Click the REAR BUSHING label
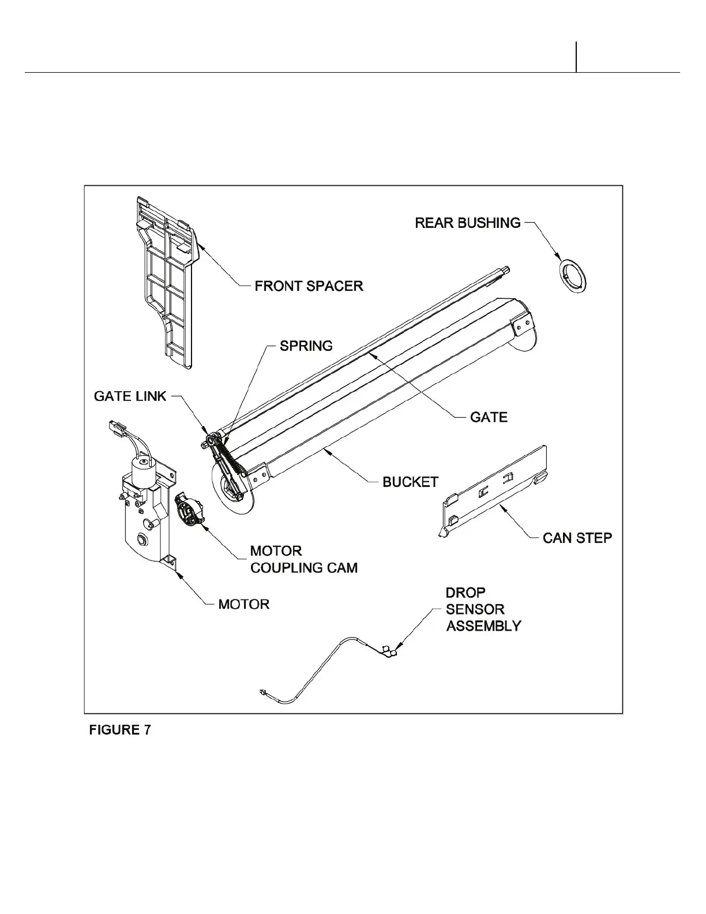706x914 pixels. pyautogui.click(x=468, y=223)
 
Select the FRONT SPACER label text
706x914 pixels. pyautogui.click(x=309, y=286)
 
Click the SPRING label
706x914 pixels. pyautogui.click(x=306, y=346)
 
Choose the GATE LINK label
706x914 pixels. pyautogui.click(x=130, y=396)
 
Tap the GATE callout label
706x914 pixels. pyautogui.click(x=489, y=417)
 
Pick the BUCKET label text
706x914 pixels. pyautogui.click(x=410, y=482)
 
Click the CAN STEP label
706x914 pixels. pyautogui.click(x=577, y=538)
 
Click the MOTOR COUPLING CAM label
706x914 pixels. pyautogui.click(x=303, y=559)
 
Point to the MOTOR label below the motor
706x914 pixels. pyautogui.click(x=243, y=604)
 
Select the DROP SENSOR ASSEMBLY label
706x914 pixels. pyautogui.click(x=483, y=609)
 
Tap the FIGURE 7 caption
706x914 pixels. pyautogui.click(x=119, y=730)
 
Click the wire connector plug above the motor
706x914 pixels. pyautogui.click(x=117, y=428)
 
